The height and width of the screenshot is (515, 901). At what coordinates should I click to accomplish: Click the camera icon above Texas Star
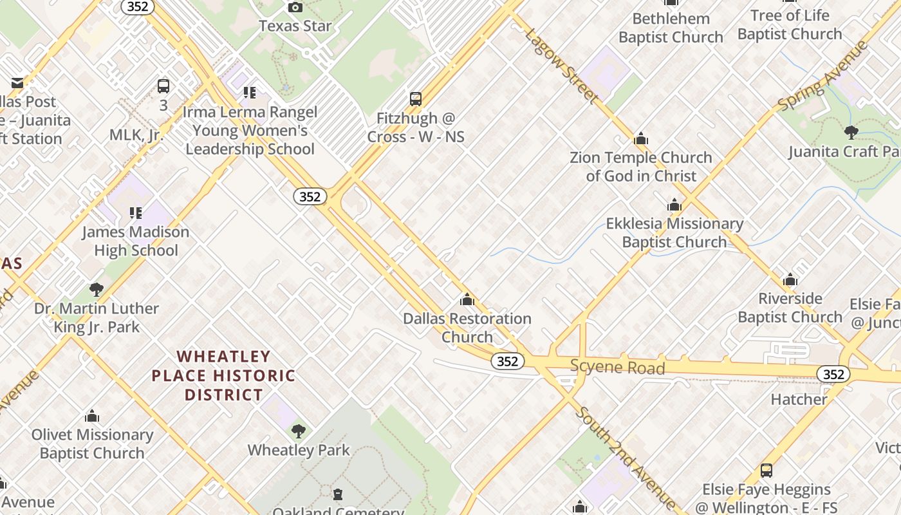tap(295, 8)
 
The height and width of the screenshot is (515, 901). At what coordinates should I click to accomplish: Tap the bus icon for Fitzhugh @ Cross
tap(416, 99)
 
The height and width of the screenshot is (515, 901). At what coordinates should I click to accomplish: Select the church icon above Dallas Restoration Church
tap(467, 300)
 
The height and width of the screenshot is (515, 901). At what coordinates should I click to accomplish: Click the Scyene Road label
tap(617, 368)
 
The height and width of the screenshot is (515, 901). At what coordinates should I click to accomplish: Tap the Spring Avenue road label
tap(822, 76)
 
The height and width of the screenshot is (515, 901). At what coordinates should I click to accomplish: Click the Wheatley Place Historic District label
tap(223, 375)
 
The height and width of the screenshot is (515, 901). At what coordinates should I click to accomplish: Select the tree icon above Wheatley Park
tap(298, 431)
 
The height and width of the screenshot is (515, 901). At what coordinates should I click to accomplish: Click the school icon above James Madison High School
tap(135, 212)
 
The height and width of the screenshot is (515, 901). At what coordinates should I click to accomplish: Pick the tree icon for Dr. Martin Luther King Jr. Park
tap(97, 290)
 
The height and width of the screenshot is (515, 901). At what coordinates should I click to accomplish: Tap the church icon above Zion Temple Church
tap(641, 139)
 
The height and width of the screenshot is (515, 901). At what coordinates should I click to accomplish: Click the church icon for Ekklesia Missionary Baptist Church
tap(674, 205)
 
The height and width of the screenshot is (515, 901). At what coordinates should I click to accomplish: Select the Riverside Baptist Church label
tap(790, 308)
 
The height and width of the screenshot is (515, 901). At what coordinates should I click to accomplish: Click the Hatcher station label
tap(799, 400)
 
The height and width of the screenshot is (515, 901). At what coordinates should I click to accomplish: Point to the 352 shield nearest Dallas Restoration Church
tap(507, 361)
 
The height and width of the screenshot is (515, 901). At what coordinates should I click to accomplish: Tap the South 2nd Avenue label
tap(626, 457)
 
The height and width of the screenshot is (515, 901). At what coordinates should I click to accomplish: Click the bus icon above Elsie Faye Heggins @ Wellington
tap(766, 471)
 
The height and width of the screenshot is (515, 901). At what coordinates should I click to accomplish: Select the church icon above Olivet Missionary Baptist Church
tap(92, 417)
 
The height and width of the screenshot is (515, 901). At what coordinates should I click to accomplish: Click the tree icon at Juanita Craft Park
tap(851, 133)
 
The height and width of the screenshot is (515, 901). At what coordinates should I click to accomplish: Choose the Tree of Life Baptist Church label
tap(790, 24)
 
